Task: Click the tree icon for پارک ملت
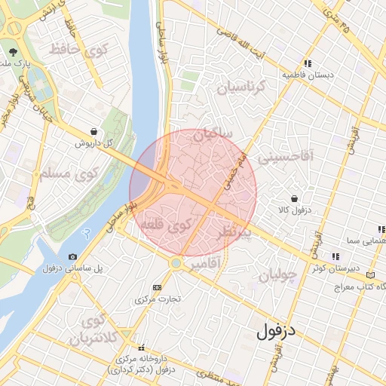(14, 53)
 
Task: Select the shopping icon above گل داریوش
(93, 131)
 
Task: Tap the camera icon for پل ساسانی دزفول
(72, 257)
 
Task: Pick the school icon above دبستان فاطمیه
(307, 64)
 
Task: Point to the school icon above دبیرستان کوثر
(335, 257)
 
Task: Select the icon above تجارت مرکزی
(157, 287)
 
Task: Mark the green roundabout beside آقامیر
(176, 263)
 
